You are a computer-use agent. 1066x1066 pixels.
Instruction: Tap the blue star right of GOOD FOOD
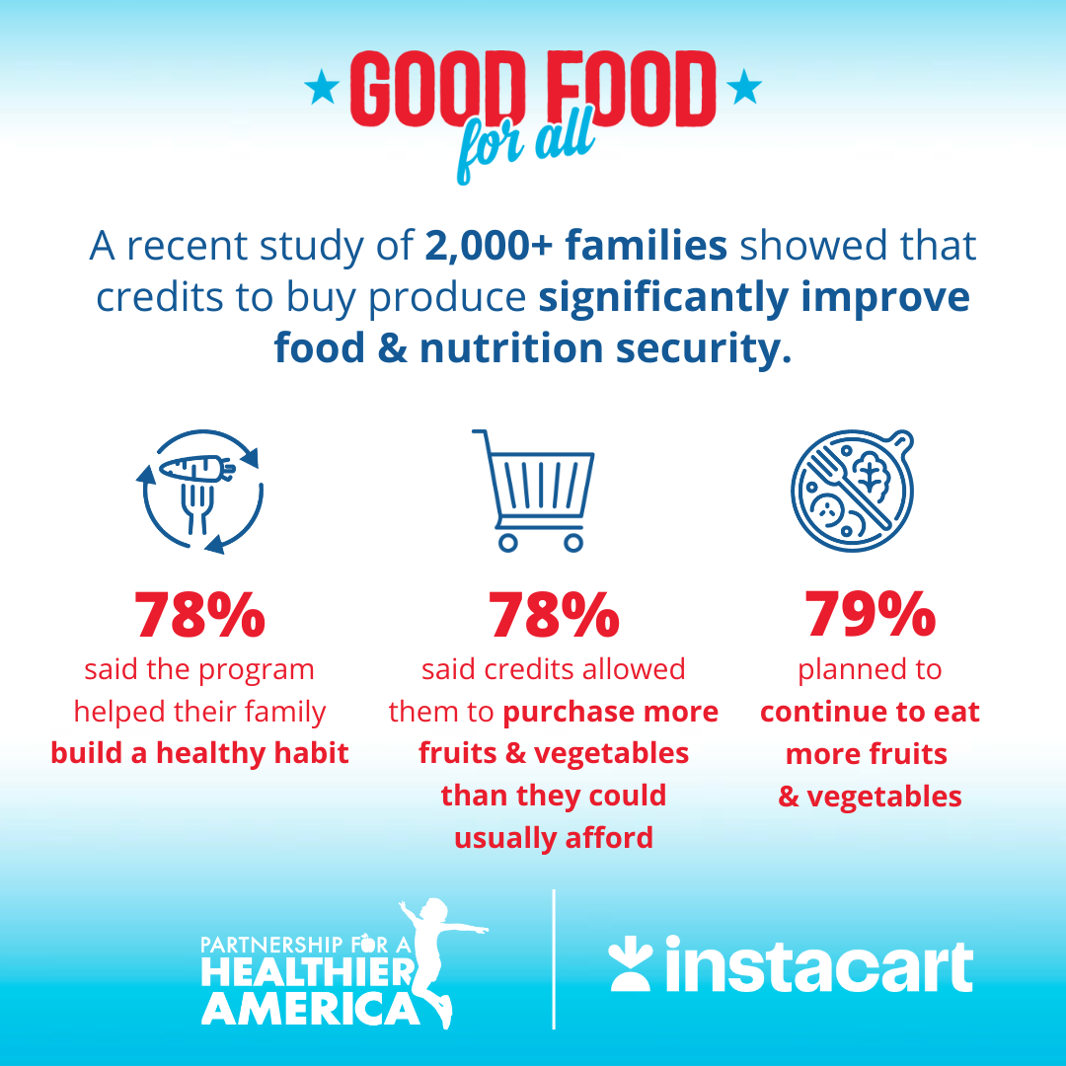744,90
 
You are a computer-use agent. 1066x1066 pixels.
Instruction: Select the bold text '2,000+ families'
576,246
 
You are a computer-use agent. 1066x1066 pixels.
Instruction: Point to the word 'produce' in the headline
462,297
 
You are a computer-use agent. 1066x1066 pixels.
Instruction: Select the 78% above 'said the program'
200,614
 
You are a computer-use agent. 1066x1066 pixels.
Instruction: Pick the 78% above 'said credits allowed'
554,614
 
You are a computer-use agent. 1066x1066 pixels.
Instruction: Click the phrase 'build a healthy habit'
200,754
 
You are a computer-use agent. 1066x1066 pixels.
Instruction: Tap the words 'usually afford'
554,838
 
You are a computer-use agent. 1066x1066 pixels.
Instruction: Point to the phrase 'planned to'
870,669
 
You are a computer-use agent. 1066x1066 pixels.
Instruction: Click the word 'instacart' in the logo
818,967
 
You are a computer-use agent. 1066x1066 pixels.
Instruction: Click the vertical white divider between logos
554,958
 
